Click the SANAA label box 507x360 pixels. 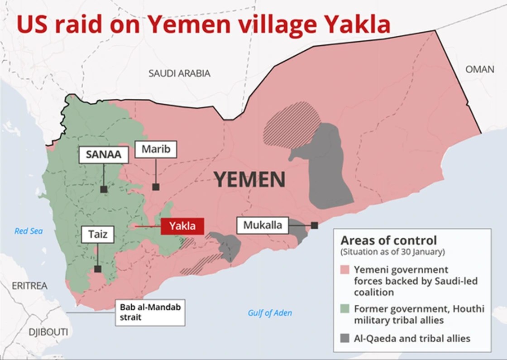[104, 154]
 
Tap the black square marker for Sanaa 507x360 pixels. [104, 190]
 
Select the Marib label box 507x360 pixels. [156, 149]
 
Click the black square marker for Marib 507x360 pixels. [156, 187]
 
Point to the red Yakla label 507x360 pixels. [182, 226]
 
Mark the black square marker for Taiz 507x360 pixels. [97, 269]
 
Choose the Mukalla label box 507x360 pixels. [263, 225]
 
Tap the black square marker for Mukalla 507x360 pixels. [314, 225]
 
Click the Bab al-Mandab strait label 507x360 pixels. [150, 312]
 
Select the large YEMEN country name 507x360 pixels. [249, 180]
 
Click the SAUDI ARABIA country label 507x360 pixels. [180, 73]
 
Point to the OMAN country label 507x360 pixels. [480, 69]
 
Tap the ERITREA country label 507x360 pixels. [29, 286]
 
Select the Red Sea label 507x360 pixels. [29, 231]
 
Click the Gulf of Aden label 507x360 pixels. [270, 313]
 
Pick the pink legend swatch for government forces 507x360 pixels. [345, 270]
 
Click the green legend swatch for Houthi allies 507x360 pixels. [345, 309]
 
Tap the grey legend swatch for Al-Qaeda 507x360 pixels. [345, 338]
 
